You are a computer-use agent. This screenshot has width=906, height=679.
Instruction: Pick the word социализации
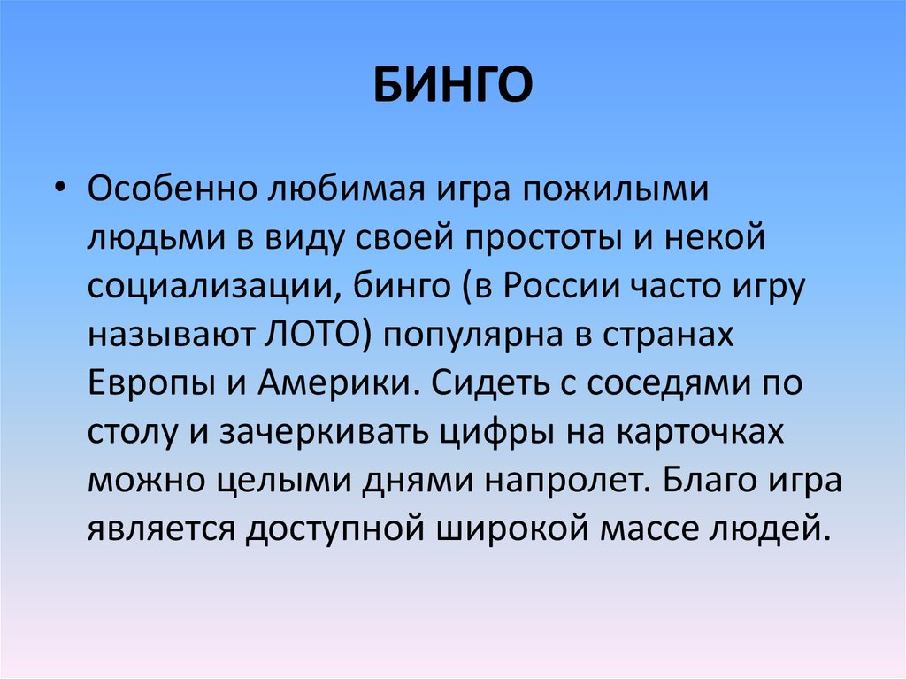point(211,289)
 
